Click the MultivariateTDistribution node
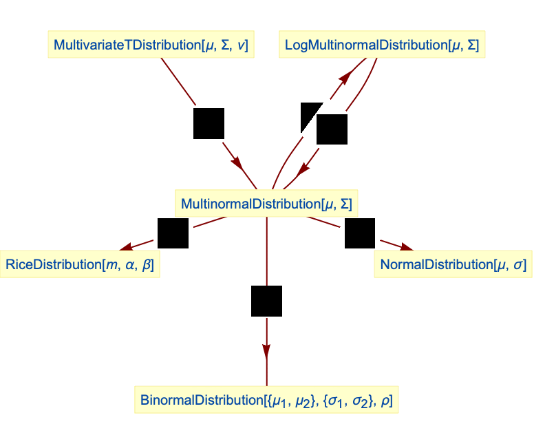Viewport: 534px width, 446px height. point(151,45)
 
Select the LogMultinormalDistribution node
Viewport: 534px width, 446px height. point(382,45)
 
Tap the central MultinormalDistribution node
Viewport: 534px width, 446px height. point(266,204)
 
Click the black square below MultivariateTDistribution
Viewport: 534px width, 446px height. point(209,123)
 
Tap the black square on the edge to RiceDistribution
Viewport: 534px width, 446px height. point(173,233)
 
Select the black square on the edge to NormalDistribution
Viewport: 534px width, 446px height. point(359,233)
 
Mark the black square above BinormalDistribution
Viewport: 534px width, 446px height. point(266,301)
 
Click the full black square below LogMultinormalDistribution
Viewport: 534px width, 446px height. point(332,129)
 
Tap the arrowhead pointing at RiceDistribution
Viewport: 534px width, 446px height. point(126,246)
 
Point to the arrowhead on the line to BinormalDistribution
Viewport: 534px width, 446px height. point(266,350)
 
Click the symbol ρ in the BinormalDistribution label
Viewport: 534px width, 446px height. point(388,400)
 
